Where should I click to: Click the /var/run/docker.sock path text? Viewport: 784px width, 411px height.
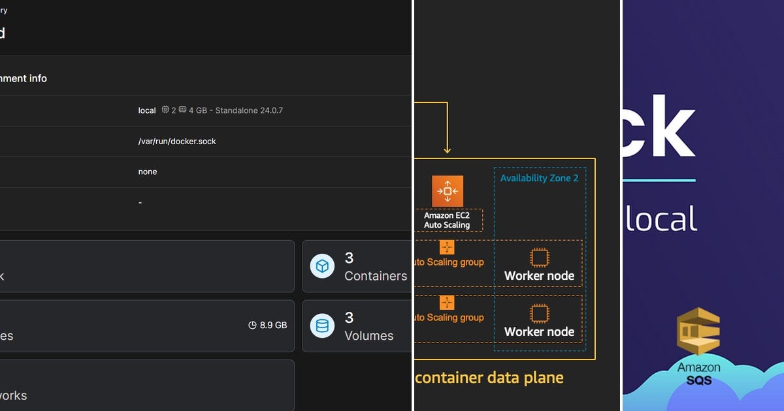point(177,141)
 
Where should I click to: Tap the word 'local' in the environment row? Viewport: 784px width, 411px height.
point(147,110)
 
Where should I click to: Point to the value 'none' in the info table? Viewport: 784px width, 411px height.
point(148,172)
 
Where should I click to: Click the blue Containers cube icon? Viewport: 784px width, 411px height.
point(322,266)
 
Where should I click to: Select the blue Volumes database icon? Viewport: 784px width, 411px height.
point(322,326)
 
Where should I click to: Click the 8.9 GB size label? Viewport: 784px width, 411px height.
point(273,325)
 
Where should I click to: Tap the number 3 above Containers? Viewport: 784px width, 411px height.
point(350,258)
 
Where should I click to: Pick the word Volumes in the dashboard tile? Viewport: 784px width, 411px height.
point(369,336)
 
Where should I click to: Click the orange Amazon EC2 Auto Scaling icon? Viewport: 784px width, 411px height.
point(448,191)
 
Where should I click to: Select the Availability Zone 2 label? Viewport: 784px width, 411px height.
point(539,178)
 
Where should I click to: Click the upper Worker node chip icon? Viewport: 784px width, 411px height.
point(539,258)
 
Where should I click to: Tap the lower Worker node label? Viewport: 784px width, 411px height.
point(539,331)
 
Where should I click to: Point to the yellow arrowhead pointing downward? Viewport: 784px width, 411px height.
point(448,151)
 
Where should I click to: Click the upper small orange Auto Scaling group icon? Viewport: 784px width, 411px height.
point(447,248)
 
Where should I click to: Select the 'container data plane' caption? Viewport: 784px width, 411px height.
point(489,377)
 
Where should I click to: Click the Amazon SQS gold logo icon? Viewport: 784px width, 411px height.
point(698,331)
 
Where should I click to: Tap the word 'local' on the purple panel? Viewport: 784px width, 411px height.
point(660,219)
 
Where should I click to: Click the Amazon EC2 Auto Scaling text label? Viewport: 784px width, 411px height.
point(448,220)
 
